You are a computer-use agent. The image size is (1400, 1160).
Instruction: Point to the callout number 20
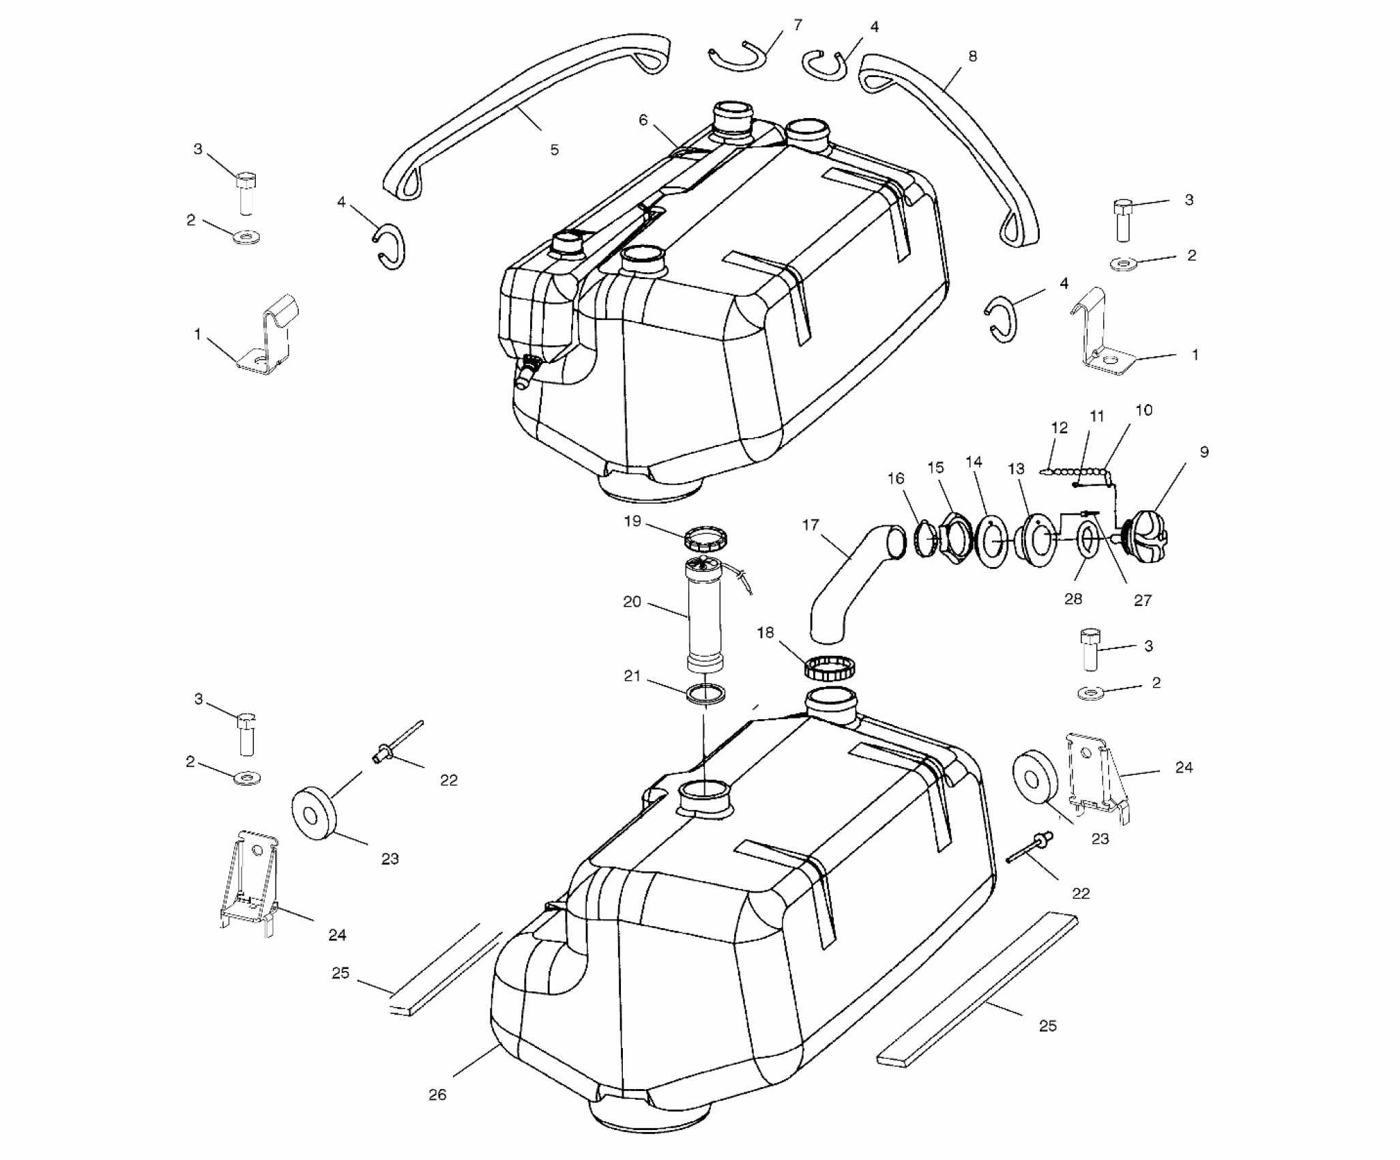pyautogui.click(x=632, y=602)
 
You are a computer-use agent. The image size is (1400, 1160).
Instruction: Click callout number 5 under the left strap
pyautogui.click(x=554, y=149)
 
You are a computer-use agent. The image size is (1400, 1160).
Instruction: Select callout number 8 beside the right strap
pyautogui.click(x=972, y=57)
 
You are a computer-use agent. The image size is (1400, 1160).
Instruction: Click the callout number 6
pyautogui.click(x=643, y=120)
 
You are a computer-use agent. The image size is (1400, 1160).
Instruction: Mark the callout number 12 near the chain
pyautogui.click(x=1059, y=428)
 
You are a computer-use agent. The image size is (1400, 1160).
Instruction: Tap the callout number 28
pyautogui.click(x=1073, y=599)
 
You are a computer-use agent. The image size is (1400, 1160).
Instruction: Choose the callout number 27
pyautogui.click(x=1142, y=600)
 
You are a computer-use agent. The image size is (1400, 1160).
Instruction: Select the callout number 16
pyautogui.click(x=896, y=479)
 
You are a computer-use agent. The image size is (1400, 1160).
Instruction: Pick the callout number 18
pyautogui.click(x=765, y=633)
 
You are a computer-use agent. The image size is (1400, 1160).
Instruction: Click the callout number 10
pyautogui.click(x=1143, y=410)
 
